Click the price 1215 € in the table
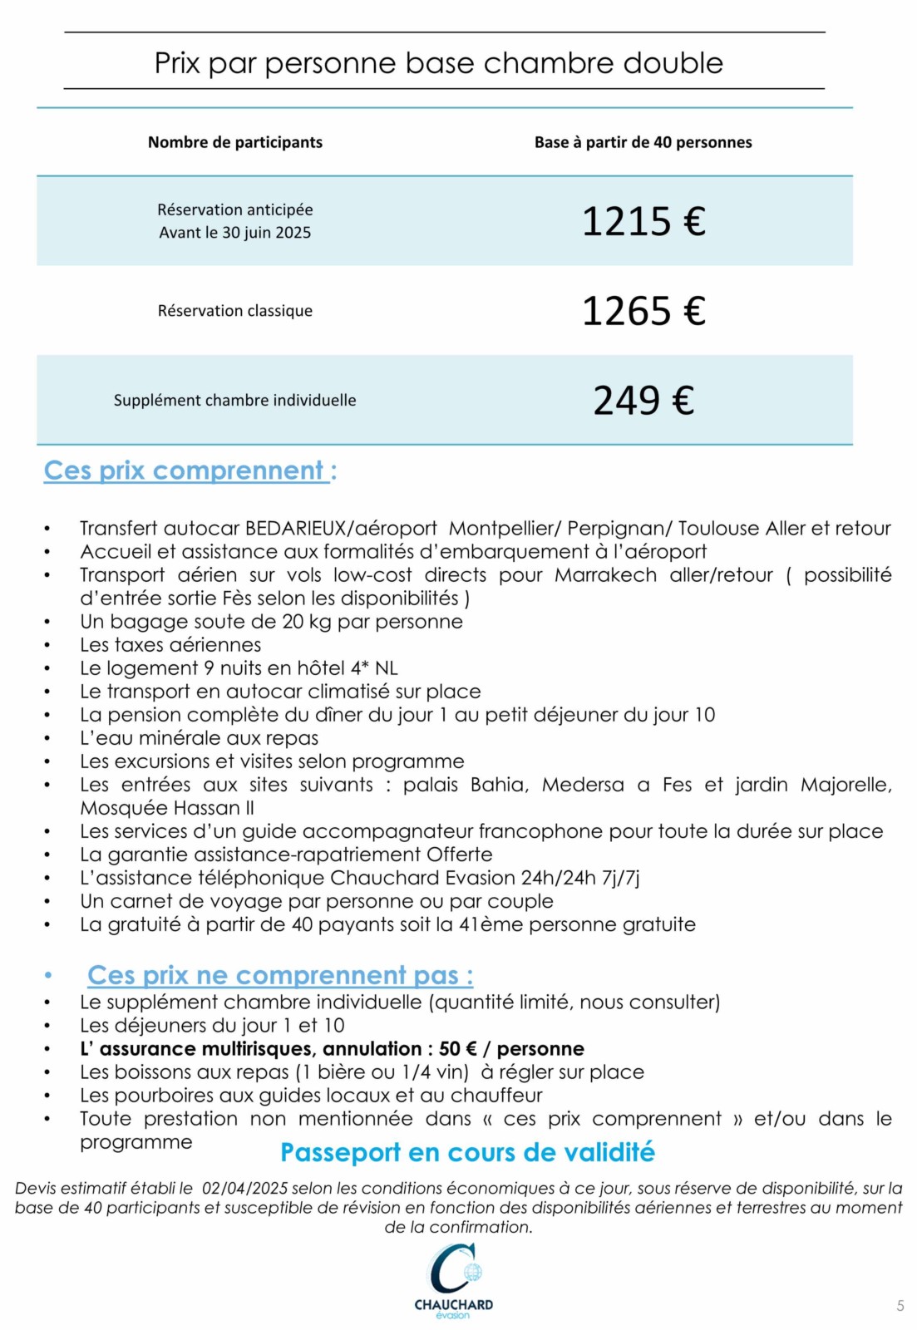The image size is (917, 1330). pyautogui.click(x=643, y=221)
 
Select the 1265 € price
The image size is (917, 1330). pyautogui.click(x=643, y=311)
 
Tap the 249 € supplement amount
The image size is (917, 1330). pyautogui.click(x=643, y=400)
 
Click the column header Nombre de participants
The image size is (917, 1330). pyautogui.click(x=235, y=142)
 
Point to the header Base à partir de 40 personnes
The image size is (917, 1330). pyautogui.click(x=643, y=142)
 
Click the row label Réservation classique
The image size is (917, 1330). pyautogui.click(x=235, y=311)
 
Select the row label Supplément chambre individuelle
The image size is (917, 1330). pyautogui.click(x=235, y=400)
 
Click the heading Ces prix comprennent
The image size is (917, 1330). pyautogui.click(x=190, y=470)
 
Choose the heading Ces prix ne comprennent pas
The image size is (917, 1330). pyautogui.click(x=280, y=975)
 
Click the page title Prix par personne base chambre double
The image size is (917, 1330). pyautogui.click(x=439, y=63)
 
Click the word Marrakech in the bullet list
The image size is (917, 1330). pyautogui.click(x=605, y=575)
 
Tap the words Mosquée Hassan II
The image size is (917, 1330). pyautogui.click(x=167, y=808)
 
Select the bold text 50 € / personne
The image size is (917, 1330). pyautogui.click(x=511, y=1049)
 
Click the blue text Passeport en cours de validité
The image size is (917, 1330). pyautogui.click(x=467, y=1153)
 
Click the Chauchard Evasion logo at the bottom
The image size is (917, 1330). pyautogui.click(x=453, y=1281)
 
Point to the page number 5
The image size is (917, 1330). pyautogui.click(x=900, y=1306)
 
